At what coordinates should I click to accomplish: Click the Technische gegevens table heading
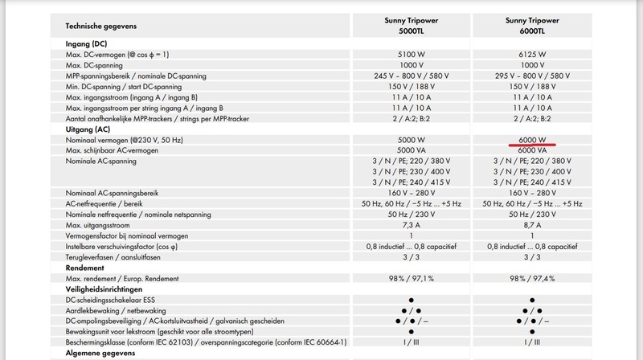click(101, 26)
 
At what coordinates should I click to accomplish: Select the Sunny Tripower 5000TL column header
click(411, 25)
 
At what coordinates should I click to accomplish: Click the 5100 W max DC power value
click(411, 55)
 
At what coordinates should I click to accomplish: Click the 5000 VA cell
click(411, 150)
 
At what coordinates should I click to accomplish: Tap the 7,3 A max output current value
click(411, 225)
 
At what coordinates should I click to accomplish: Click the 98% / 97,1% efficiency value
click(411, 277)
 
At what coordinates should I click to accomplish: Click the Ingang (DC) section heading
click(88, 43)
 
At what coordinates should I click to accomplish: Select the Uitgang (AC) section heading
click(88, 129)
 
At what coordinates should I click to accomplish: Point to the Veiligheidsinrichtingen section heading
click(105, 288)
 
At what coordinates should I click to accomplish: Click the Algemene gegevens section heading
click(102, 352)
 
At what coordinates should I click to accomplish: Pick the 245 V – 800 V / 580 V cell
click(411, 76)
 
